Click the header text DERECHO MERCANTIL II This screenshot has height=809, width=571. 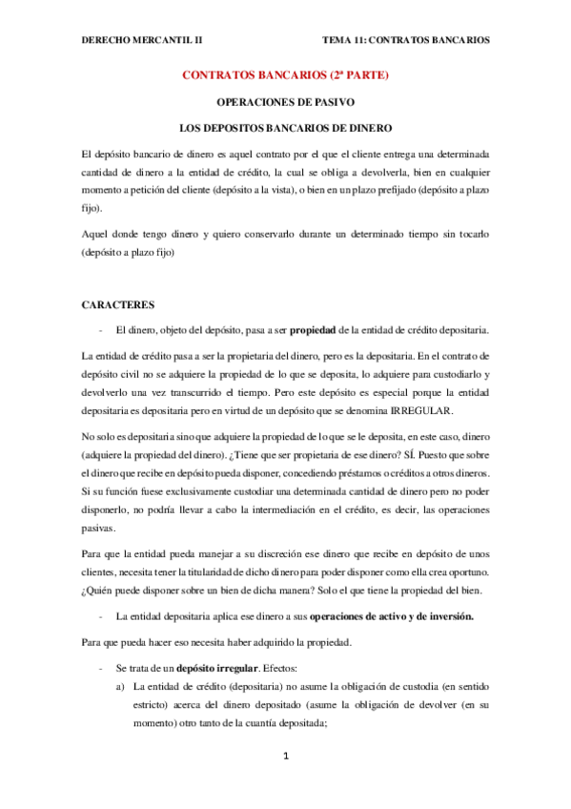pyautogui.click(x=142, y=40)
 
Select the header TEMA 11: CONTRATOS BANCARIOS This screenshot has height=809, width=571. pyautogui.click(x=406, y=40)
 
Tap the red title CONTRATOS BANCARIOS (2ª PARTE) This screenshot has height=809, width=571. pyautogui.click(x=286, y=75)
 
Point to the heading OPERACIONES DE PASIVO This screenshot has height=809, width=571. pyautogui.click(x=286, y=101)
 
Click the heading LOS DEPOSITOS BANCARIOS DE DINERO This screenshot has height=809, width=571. pyautogui.click(x=286, y=127)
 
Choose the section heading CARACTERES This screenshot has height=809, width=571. pyautogui.click(x=118, y=304)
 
